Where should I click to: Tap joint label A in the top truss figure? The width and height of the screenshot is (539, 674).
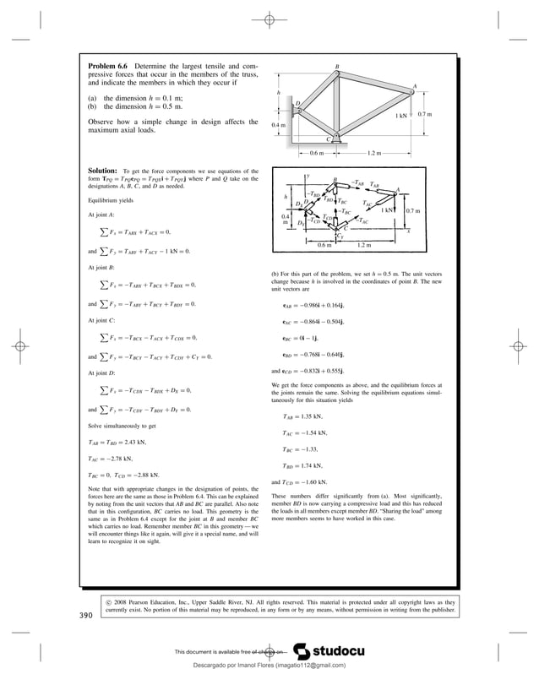(x=414, y=85)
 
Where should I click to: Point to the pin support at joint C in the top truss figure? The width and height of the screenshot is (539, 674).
(x=336, y=134)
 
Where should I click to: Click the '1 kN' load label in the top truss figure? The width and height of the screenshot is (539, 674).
(x=403, y=116)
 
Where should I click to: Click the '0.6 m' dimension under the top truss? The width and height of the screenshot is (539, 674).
(x=316, y=154)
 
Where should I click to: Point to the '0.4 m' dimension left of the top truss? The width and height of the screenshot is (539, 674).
(x=279, y=125)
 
